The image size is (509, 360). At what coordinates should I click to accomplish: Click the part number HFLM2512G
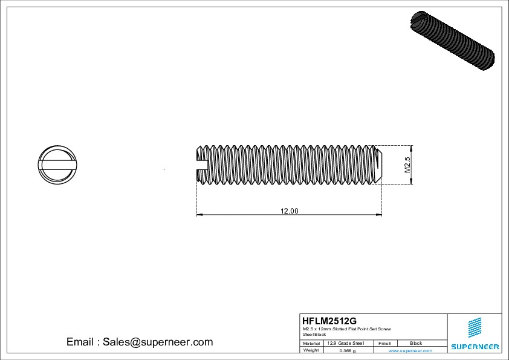(329, 321)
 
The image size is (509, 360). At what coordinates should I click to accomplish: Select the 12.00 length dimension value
(289, 211)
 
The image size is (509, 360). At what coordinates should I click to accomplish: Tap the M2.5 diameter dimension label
(407, 165)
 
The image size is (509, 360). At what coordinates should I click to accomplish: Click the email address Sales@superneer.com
(140, 342)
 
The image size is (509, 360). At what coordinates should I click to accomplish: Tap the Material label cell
(311, 343)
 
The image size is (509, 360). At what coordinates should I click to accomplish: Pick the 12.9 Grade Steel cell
(345, 343)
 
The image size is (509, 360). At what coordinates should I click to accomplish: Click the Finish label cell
(384, 343)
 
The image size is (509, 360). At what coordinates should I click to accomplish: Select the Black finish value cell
(416, 343)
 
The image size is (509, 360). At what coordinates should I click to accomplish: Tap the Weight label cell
(311, 350)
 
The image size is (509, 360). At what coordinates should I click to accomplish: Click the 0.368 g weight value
(347, 350)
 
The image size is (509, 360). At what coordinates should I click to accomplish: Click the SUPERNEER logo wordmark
(475, 347)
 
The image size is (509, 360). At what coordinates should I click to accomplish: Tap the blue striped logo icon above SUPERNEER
(475, 327)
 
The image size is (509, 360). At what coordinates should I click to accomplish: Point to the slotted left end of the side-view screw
(201, 163)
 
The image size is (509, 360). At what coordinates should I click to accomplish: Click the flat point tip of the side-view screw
(379, 163)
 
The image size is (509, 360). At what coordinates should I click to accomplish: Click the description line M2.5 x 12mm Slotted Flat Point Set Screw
(346, 329)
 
